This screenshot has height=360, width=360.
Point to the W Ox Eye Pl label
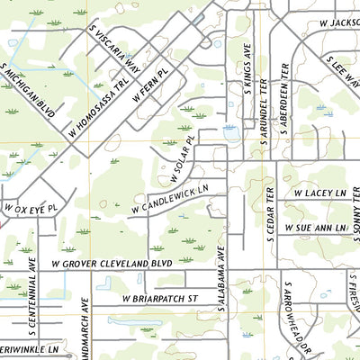tap(30, 208)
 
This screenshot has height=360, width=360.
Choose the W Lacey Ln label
tap(319, 193)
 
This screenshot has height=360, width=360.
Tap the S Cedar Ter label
tap(269, 215)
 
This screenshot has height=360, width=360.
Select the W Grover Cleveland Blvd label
tap(111, 265)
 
